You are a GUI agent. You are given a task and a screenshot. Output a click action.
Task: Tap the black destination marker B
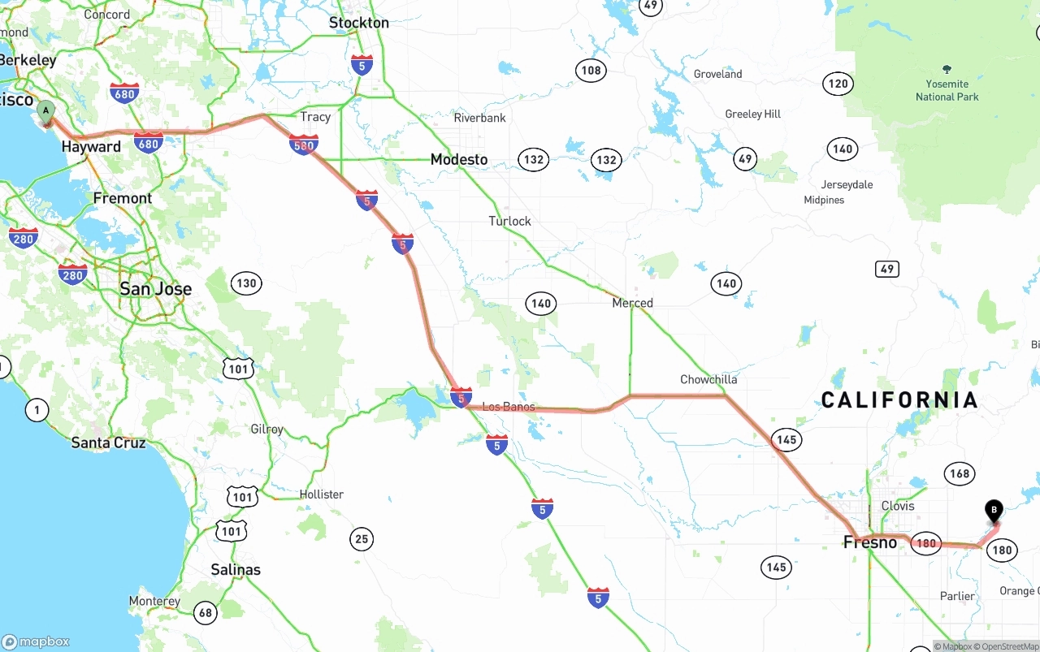(x=993, y=511)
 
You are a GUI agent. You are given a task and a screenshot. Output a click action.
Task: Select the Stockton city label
(x=359, y=23)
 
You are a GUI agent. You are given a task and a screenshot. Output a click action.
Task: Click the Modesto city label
(x=459, y=160)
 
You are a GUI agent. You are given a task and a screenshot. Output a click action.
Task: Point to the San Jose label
(x=155, y=289)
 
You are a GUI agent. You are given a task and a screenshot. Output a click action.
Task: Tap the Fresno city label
(x=870, y=542)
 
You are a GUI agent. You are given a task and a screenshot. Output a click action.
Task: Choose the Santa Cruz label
(x=108, y=443)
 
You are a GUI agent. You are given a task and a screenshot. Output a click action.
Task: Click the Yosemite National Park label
(x=947, y=90)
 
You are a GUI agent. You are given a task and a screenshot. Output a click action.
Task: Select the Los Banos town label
(x=509, y=407)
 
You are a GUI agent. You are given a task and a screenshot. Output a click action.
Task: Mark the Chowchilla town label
(x=708, y=379)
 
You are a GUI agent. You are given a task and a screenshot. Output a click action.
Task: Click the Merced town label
(x=632, y=303)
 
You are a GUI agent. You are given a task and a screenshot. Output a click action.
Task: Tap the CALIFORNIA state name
(x=899, y=399)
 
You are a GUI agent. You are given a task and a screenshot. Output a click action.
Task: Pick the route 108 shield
(x=591, y=70)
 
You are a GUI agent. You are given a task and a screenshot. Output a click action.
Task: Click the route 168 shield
(x=959, y=473)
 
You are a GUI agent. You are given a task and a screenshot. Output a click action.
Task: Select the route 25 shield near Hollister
(x=362, y=538)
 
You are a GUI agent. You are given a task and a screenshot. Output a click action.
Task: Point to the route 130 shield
(x=245, y=283)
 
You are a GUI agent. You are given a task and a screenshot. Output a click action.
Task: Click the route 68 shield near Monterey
(x=206, y=613)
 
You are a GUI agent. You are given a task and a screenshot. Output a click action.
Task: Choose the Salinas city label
(x=236, y=569)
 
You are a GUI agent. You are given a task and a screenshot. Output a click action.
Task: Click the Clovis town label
(x=898, y=506)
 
